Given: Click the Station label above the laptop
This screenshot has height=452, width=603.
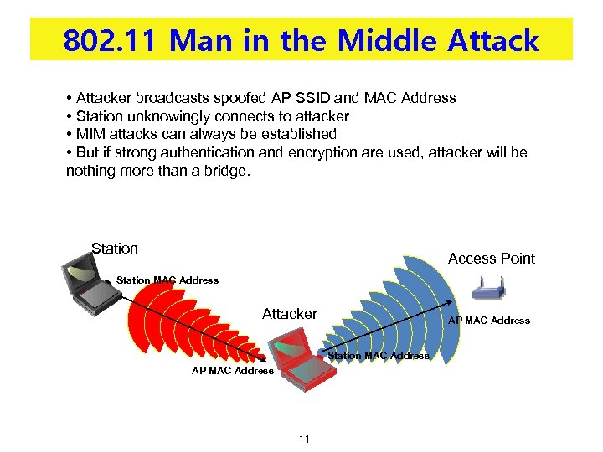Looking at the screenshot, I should [115, 248].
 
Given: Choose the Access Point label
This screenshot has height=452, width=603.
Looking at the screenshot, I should [491, 259].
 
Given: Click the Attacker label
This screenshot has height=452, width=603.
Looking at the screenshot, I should [290, 314].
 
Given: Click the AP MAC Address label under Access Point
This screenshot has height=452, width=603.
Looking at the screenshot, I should [489, 321].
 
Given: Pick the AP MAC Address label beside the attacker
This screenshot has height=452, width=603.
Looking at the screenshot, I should [233, 371].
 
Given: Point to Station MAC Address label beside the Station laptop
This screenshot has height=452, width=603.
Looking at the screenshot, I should [167, 280].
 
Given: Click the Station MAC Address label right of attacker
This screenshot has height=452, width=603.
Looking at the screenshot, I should [379, 356].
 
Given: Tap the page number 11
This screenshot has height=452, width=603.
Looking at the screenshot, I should [303, 439].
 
